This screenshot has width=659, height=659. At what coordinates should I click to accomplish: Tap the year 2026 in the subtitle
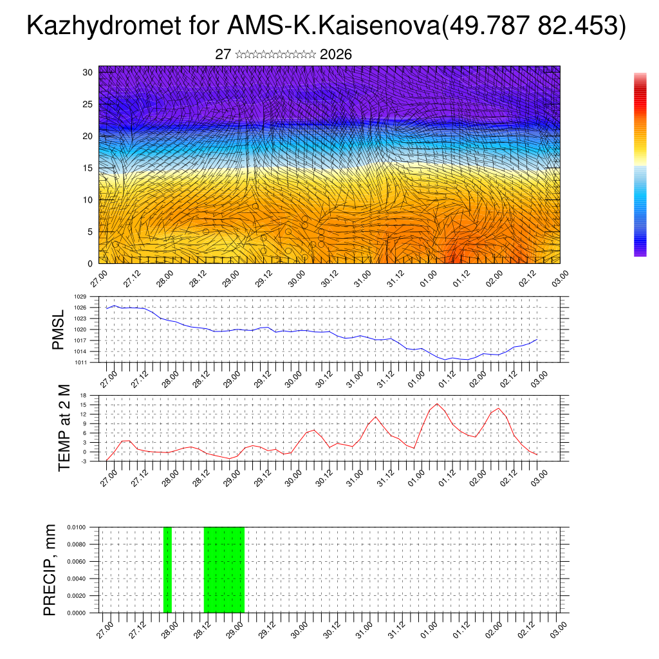[x=335, y=55]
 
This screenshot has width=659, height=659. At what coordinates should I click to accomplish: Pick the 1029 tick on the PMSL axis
[x=80, y=297]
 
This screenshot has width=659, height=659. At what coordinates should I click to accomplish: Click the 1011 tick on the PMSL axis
[x=80, y=362]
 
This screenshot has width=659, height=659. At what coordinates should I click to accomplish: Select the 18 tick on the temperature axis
[x=83, y=394]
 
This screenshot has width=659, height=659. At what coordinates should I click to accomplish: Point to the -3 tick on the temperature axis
[x=83, y=461]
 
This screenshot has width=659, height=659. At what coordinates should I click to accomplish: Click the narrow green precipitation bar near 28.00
[x=167, y=570]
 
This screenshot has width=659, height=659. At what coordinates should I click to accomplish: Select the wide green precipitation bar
[x=224, y=570]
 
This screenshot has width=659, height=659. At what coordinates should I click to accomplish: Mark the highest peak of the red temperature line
[x=438, y=404]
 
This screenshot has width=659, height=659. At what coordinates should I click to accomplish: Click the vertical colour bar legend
[x=640, y=165]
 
